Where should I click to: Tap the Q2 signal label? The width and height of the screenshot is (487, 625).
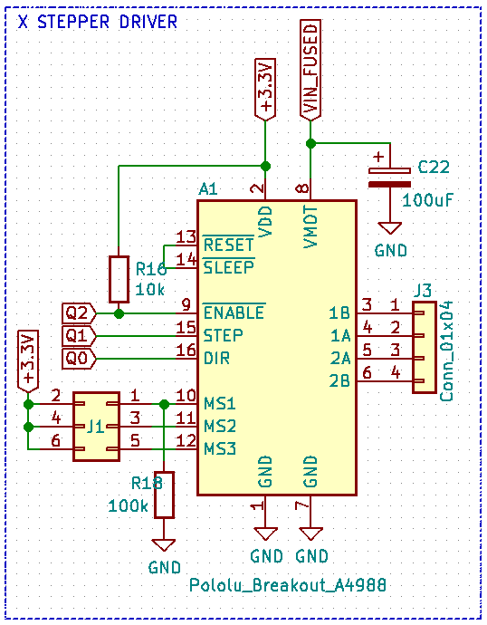coord(79,312)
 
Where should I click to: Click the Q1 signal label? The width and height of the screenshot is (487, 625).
coord(79,335)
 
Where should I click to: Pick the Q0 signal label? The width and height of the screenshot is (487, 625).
coord(79,358)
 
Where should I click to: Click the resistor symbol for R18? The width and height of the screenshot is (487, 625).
coord(163,495)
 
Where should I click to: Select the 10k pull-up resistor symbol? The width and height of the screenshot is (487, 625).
coord(119,279)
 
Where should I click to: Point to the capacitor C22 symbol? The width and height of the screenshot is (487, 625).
coord(390,176)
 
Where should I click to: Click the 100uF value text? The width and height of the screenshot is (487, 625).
coord(426,199)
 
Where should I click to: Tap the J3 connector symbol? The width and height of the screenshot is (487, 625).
coord(424,347)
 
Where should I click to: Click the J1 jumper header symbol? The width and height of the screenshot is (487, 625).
coord(95,422)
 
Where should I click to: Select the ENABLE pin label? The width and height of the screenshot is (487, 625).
coord(234,313)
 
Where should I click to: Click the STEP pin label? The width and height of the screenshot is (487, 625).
coord(223,335)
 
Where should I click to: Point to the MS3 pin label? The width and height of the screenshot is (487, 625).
coord(219,448)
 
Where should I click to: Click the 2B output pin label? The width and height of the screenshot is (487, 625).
coord(339,380)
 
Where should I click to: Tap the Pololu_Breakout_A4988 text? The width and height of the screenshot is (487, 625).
coord(288,586)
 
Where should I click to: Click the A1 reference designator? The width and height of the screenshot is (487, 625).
coord(208,189)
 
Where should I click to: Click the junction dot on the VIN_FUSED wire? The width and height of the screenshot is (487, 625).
coord(310,143)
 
